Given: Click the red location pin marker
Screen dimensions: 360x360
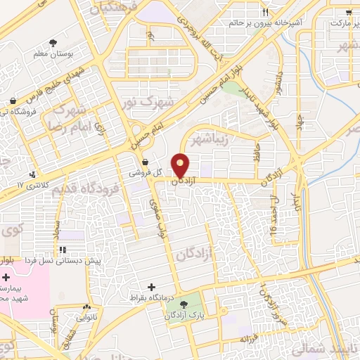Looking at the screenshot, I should pyautogui.click(x=181, y=166).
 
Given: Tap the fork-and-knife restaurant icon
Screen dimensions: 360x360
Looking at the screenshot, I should pyautogui.click(x=265, y=13).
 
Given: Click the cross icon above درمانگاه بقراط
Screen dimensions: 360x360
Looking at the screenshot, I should pyautogui.click(x=152, y=286).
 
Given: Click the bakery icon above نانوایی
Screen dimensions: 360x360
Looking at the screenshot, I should pyautogui.click(x=86, y=307).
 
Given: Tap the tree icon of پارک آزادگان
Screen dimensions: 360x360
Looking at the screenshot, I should pyautogui.click(x=184, y=304).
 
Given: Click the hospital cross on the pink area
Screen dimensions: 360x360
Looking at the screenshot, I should pyautogui.click(x=6, y=278).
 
